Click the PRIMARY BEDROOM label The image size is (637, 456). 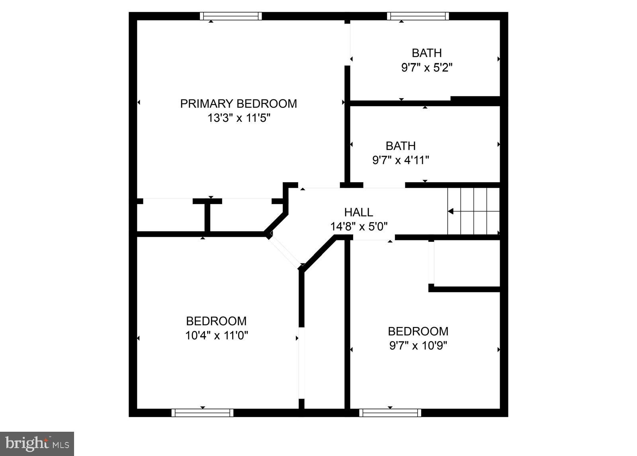[x=238, y=104]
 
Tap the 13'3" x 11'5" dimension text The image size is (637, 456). [x=238, y=118]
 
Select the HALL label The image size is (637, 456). [x=358, y=212]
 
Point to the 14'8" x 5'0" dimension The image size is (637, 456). [x=359, y=226]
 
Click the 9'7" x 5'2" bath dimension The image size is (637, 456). [x=427, y=68]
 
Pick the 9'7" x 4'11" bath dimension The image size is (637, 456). [x=401, y=160]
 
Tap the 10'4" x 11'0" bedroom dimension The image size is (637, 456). [x=217, y=335]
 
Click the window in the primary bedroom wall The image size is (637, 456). [x=231, y=16]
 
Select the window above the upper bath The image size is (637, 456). [x=418, y=16]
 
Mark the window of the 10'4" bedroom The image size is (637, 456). [x=202, y=413]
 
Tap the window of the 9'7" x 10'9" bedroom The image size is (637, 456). [x=390, y=413]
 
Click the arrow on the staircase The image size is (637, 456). [x=451, y=211]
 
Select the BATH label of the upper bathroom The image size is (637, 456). [x=426, y=53]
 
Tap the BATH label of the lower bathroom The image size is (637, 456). [x=401, y=146]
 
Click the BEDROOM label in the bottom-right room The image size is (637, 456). [x=418, y=331]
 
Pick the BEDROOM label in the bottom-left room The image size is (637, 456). [x=216, y=321]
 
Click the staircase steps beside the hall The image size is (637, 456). [x=473, y=211]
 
